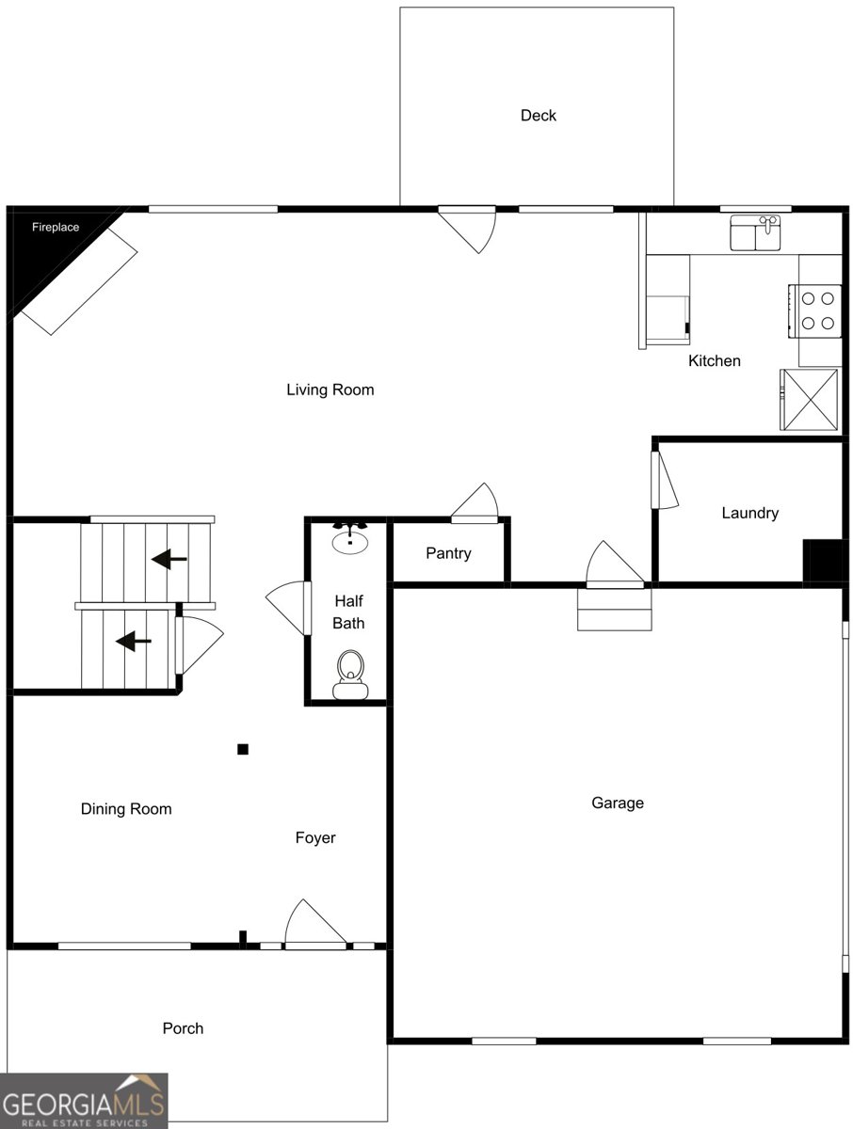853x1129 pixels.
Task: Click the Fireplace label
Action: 56,227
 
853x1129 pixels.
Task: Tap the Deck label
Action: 539,116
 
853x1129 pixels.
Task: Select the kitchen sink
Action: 756,233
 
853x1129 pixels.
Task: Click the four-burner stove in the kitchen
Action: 817,311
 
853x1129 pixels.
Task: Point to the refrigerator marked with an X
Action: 809,399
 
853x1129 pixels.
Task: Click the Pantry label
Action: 448,553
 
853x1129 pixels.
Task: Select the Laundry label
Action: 750,513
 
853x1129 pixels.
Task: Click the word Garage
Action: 618,803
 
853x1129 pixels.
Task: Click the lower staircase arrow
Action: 134,642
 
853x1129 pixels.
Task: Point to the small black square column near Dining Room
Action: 243,749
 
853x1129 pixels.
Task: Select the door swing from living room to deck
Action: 471,229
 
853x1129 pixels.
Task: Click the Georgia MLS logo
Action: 84,1101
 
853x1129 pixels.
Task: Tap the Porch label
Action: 183,1028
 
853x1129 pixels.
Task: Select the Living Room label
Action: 330,390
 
